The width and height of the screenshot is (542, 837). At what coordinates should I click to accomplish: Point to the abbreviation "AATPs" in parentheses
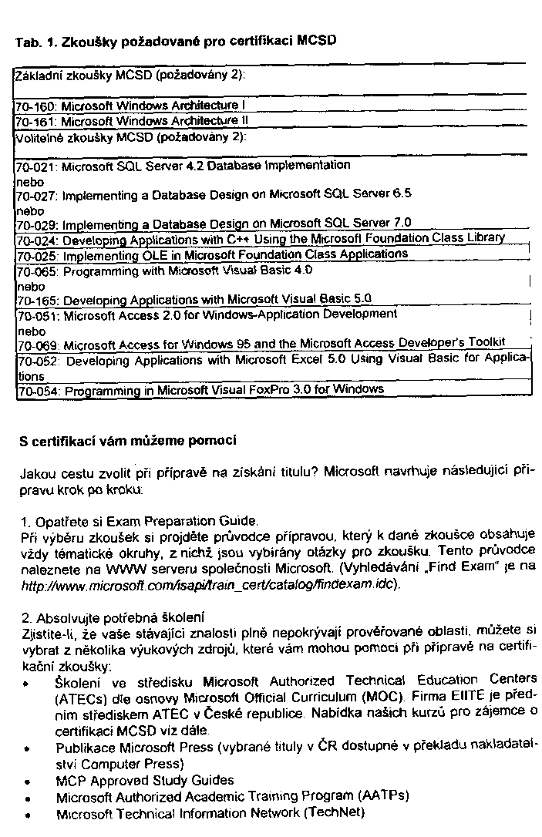tap(383, 796)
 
